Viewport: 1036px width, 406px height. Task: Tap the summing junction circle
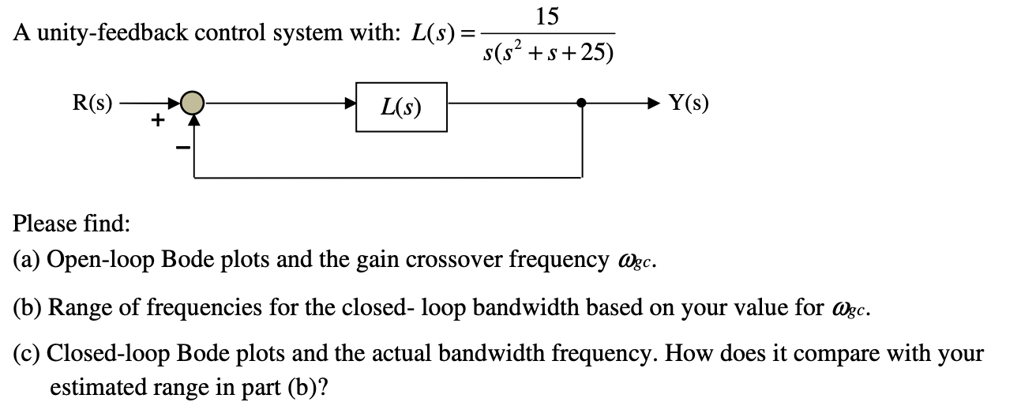(x=191, y=103)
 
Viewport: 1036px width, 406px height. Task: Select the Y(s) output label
(x=689, y=103)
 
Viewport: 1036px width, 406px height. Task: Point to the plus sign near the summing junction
(x=158, y=120)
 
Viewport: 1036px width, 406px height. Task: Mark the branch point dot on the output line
(x=582, y=103)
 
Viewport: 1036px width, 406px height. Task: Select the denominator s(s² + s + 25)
(x=549, y=52)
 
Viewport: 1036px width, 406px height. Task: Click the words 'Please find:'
(x=71, y=224)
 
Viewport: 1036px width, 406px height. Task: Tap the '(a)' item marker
(x=28, y=261)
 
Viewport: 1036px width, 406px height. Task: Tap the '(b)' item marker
(x=29, y=307)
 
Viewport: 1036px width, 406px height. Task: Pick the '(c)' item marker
(x=28, y=353)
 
